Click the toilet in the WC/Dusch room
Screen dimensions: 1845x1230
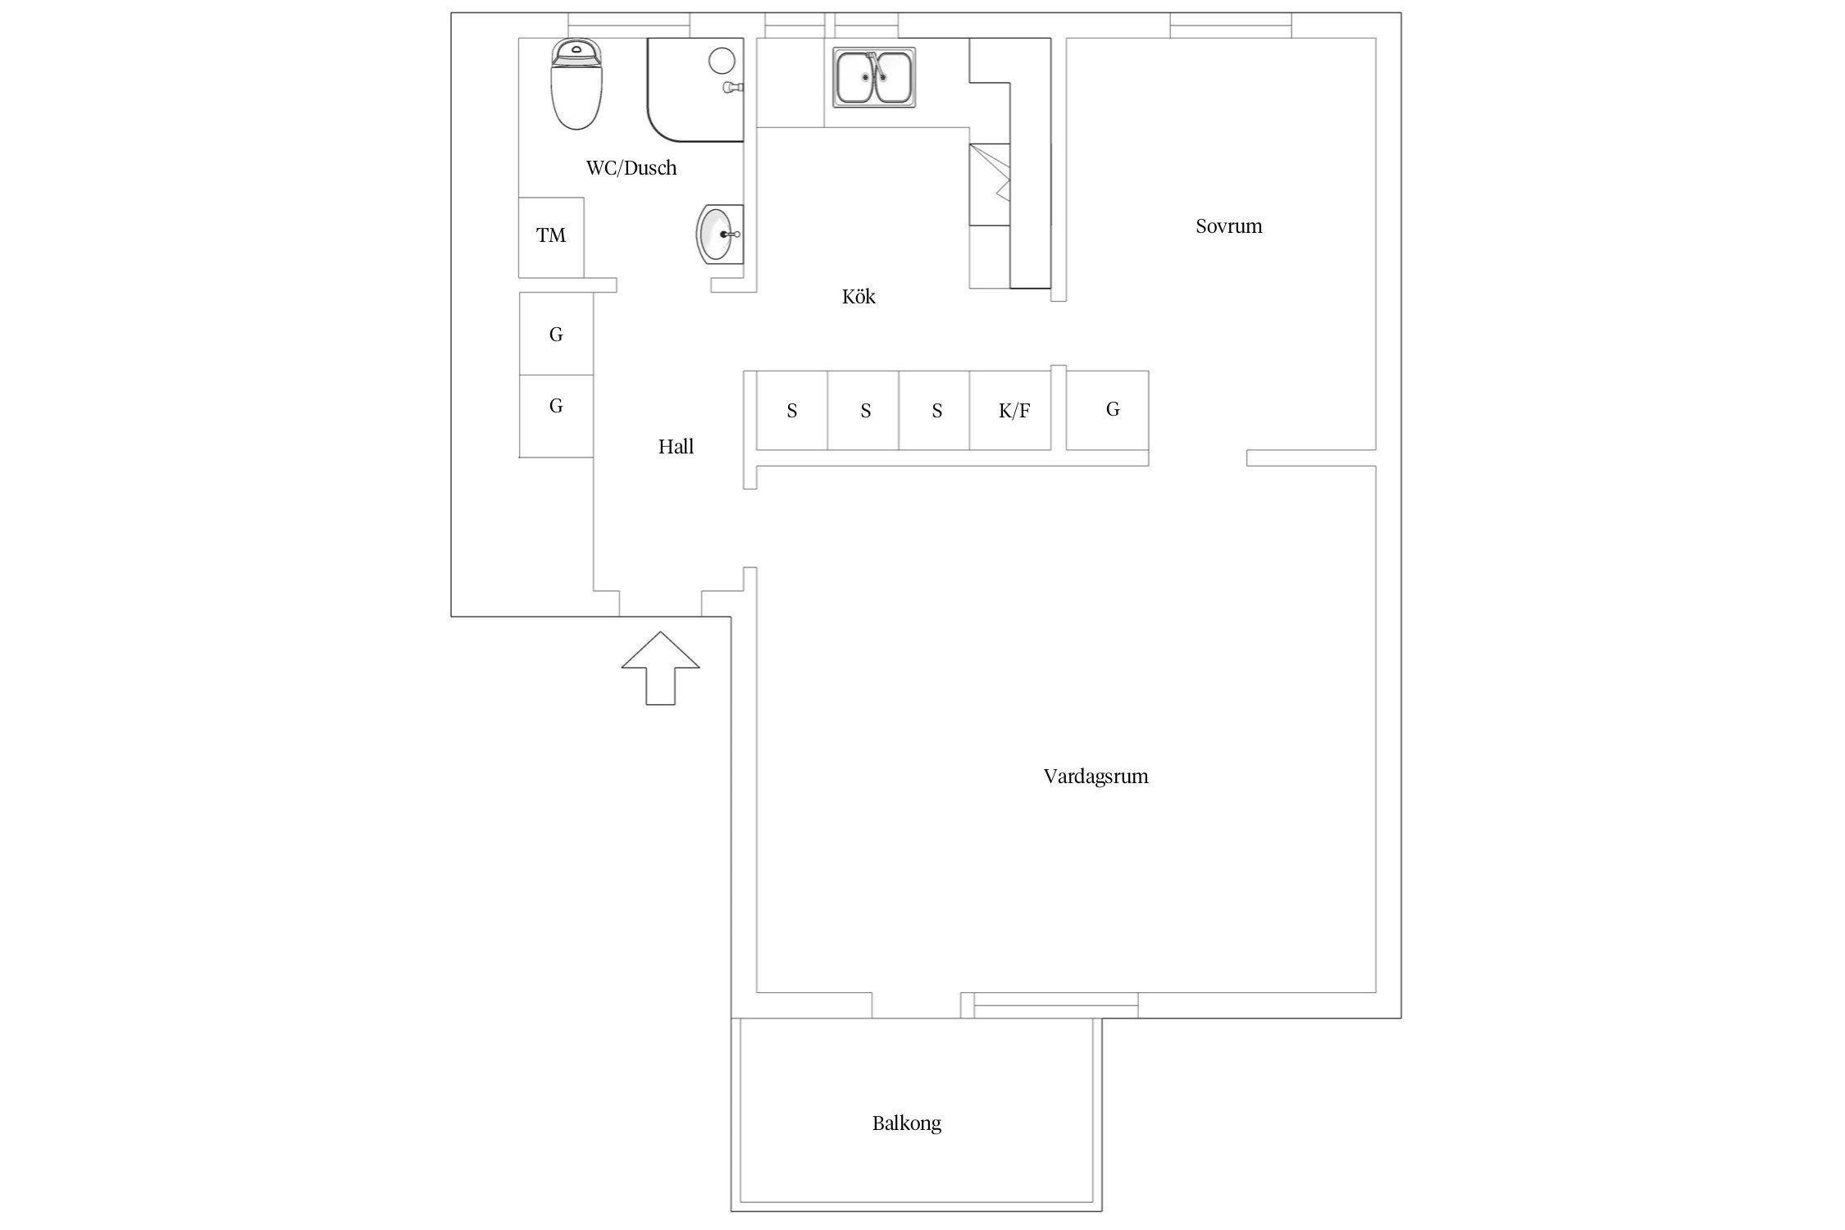577,84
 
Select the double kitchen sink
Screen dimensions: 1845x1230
874,77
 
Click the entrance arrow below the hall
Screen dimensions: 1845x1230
660,668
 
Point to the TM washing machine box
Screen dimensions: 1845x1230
551,237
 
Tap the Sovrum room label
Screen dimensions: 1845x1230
1228,226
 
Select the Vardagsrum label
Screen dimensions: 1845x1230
1096,777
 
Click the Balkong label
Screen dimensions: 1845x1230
906,1123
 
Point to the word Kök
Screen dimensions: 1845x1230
859,296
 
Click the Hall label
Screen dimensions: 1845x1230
676,447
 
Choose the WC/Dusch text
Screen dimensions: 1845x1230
631,168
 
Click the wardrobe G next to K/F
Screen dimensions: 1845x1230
1107,410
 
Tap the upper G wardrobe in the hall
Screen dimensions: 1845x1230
556,334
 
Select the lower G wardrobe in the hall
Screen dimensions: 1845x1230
556,416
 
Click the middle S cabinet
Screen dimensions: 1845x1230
863,410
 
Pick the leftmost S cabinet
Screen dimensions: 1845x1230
791,410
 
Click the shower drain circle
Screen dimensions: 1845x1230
722,61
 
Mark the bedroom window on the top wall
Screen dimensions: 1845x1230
1231,25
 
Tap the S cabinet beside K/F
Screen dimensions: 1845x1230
934,410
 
